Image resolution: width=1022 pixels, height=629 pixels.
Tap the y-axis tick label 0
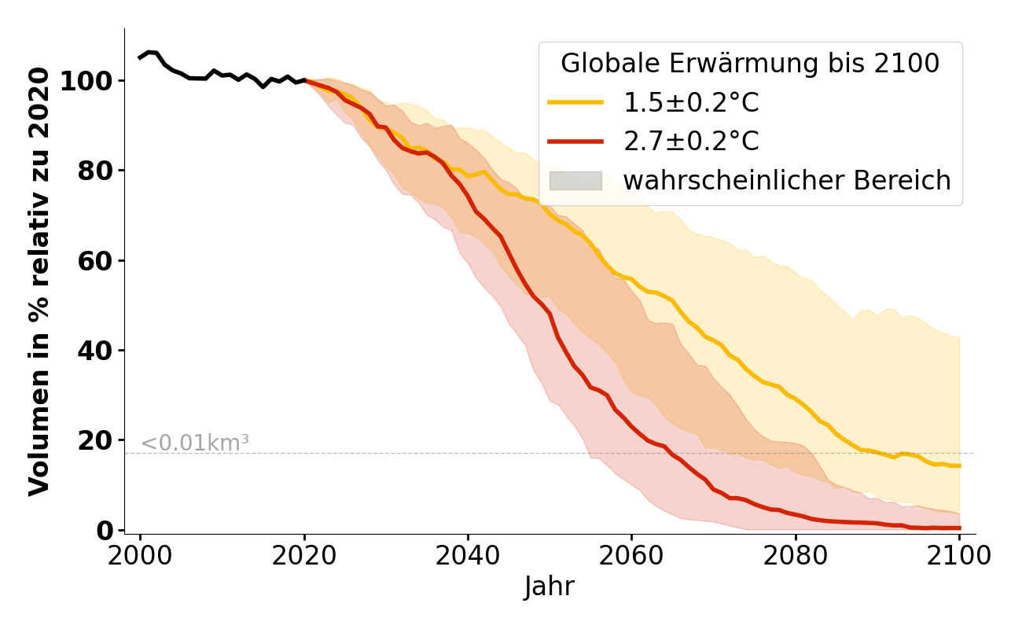tap(104, 529)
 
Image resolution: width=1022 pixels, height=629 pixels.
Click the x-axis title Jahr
tap(550, 587)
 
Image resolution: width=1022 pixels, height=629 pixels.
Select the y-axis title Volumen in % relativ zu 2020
tap(39, 281)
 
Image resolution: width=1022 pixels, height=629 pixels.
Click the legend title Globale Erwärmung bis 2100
tap(750, 64)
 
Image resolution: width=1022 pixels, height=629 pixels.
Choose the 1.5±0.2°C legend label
tap(691, 103)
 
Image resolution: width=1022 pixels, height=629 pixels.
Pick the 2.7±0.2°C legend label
tap(691, 142)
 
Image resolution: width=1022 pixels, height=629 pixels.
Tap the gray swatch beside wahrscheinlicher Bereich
tap(575, 181)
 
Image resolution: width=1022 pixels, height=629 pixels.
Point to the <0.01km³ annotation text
tap(195, 443)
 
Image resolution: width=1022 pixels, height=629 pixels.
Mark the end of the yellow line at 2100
tap(959, 465)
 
